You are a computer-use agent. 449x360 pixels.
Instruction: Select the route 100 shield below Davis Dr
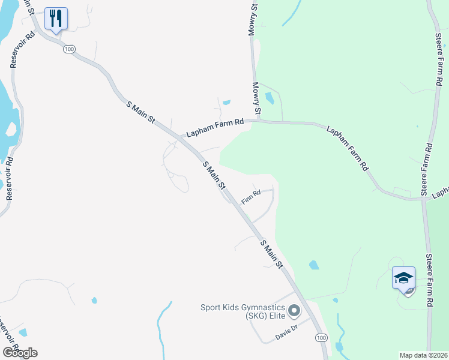tap(321, 338)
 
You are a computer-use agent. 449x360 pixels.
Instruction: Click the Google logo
tap(20, 352)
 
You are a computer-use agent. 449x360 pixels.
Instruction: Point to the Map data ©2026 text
tap(424, 355)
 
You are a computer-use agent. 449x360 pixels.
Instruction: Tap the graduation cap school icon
tap(404, 278)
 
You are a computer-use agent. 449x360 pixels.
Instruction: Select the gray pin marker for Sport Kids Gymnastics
tap(294, 311)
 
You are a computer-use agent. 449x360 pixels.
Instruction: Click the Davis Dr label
tap(286, 332)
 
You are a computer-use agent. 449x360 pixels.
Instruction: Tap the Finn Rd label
tap(251, 196)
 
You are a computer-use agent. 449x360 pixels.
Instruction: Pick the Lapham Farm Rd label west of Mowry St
tap(214, 127)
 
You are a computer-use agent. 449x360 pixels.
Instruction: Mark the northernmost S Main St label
tap(141, 113)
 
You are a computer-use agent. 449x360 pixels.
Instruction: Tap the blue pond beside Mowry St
tap(270, 98)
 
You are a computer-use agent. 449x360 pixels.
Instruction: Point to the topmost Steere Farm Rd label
tap(439, 57)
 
